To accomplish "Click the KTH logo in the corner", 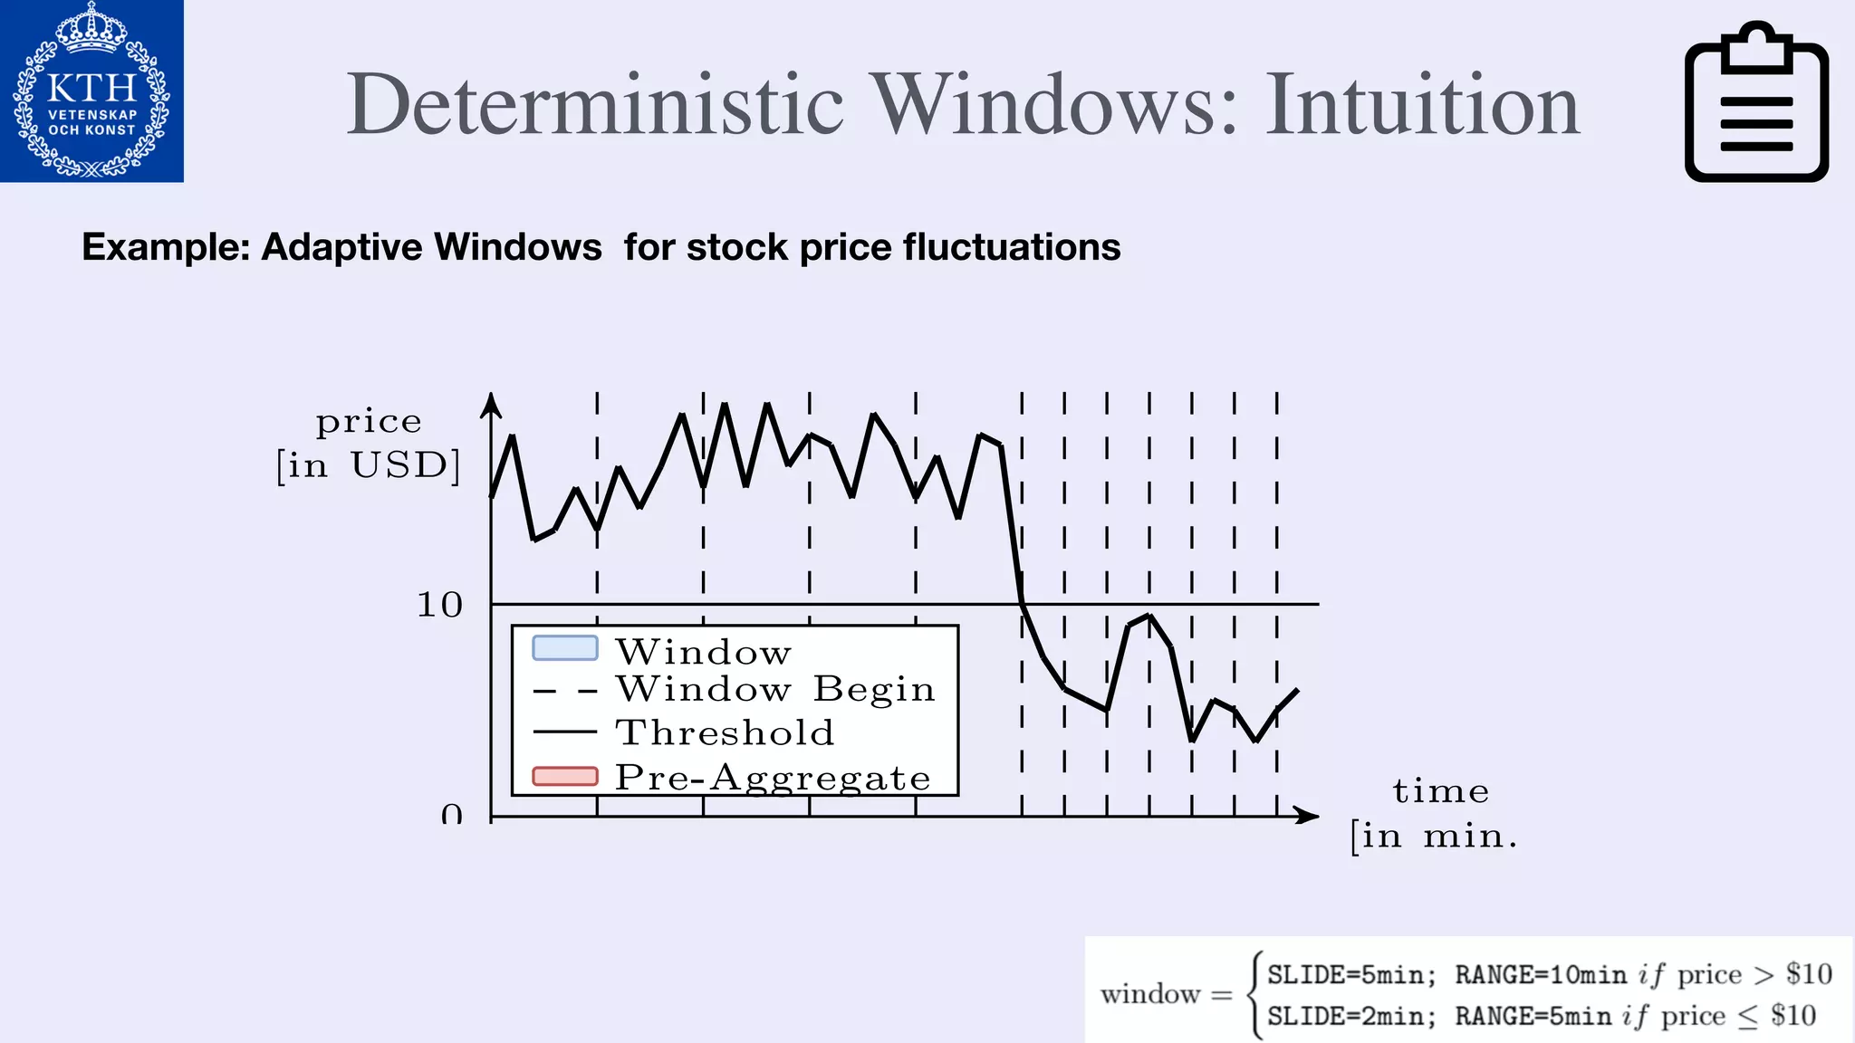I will tap(91, 91).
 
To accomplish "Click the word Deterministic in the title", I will tap(595, 105).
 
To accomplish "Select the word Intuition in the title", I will tap(1422, 105).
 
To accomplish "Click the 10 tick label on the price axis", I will tap(439, 605).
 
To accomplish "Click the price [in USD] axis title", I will tap(369, 444).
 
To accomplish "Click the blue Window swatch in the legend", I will tap(565, 648).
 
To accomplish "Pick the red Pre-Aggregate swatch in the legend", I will tap(565, 777).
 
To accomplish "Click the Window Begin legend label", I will tap(774, 690).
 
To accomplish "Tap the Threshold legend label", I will tap(725, 732).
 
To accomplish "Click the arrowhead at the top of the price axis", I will tap(491, 404).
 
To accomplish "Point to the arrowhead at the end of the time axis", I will tap(1307, 816).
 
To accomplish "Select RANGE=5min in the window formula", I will tap(1533, 1017).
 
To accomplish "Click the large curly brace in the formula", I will tap(1254, 995).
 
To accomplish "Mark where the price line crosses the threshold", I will tap(1022, 604).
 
